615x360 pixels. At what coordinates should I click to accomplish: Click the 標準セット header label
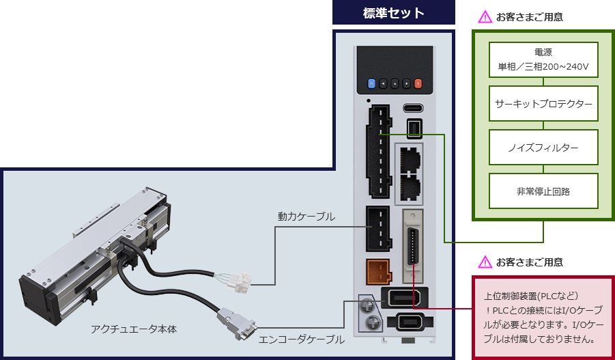point(394,13)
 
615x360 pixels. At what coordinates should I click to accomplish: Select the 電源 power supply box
point(543,61)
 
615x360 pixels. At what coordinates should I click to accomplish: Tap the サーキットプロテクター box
point(543,105)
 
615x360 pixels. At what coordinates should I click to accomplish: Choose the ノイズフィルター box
point(543,148)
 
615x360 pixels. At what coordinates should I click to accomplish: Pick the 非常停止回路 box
point(543,191)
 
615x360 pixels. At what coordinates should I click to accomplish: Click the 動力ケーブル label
point(306,217)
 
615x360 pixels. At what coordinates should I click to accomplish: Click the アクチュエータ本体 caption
point(134,329)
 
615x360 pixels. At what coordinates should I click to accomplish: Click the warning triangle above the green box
point(485,16)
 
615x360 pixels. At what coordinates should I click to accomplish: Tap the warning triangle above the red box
point(485,262)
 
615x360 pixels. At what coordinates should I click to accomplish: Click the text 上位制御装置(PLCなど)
point(531,296)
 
